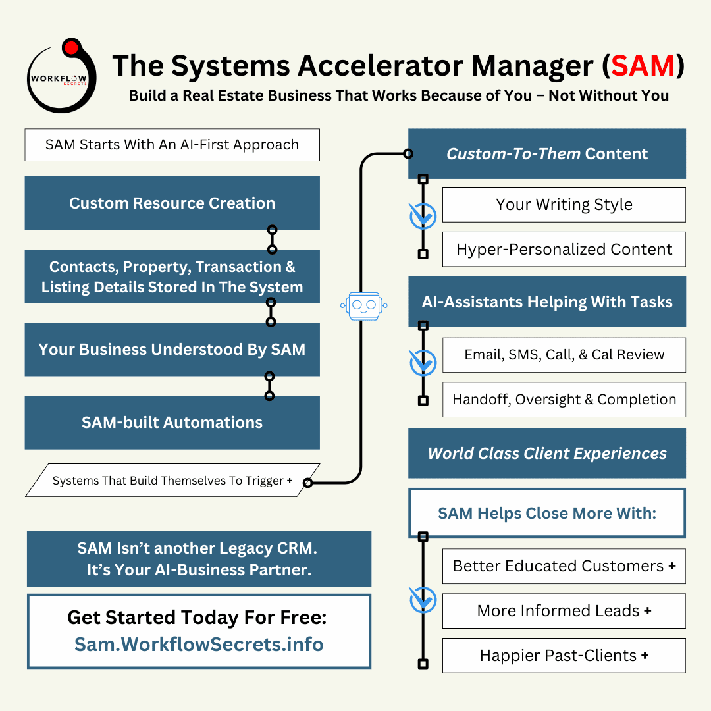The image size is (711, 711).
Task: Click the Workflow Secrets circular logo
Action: point(61,76)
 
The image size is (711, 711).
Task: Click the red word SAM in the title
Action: point(643,66)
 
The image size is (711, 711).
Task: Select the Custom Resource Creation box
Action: point(172,203)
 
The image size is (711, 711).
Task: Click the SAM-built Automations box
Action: point(172,423)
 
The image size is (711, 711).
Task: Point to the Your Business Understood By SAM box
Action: point(172,350)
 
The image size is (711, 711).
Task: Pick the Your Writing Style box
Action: point(564,205)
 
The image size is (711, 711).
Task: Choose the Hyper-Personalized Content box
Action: point(564,250)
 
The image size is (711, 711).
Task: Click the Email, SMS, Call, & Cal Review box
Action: point(564,355)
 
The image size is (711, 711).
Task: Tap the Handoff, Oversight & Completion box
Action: point(564,400)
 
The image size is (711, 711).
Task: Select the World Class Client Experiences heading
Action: point(546,454)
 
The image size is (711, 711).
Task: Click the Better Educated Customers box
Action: point(564,566)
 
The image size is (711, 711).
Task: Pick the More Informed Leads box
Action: point(564,611)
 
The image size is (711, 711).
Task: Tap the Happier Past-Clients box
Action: point(564,656)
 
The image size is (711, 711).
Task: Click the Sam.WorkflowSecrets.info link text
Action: point(199,644)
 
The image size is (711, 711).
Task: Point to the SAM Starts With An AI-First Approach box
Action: point(172,145)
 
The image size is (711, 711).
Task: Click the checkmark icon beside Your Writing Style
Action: point(423,216)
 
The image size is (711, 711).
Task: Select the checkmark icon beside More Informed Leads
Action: point(423,600)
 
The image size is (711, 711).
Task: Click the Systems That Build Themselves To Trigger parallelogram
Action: point(172,481)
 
